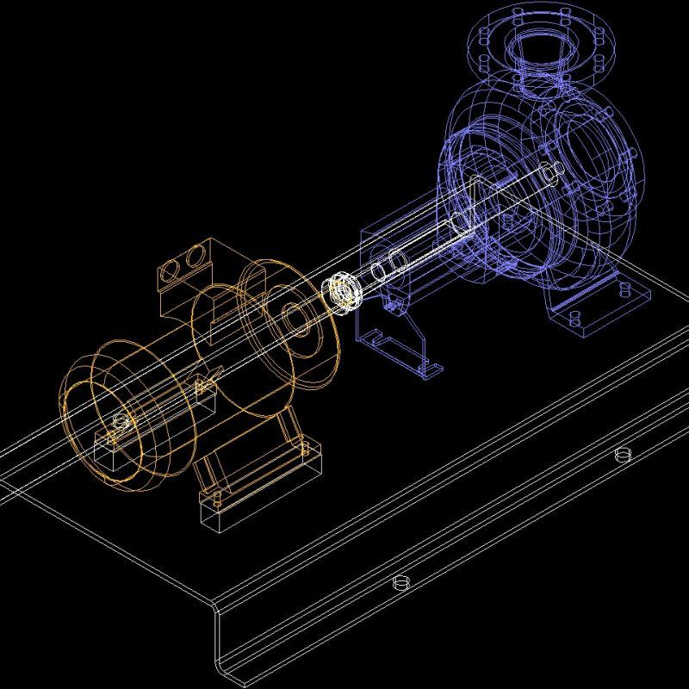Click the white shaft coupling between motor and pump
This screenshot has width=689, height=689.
(x=345, y=291)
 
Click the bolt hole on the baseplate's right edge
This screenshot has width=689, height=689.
(x=624, y=454)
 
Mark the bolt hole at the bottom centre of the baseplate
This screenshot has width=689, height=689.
(x=399, y=583)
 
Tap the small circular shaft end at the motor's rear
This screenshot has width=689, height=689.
(x=119, y=421)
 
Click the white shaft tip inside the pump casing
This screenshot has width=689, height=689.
(x=549, y=177)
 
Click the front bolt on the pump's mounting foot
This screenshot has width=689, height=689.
(x=572, y=319)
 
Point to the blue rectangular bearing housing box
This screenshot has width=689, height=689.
(x=388, y=250)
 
